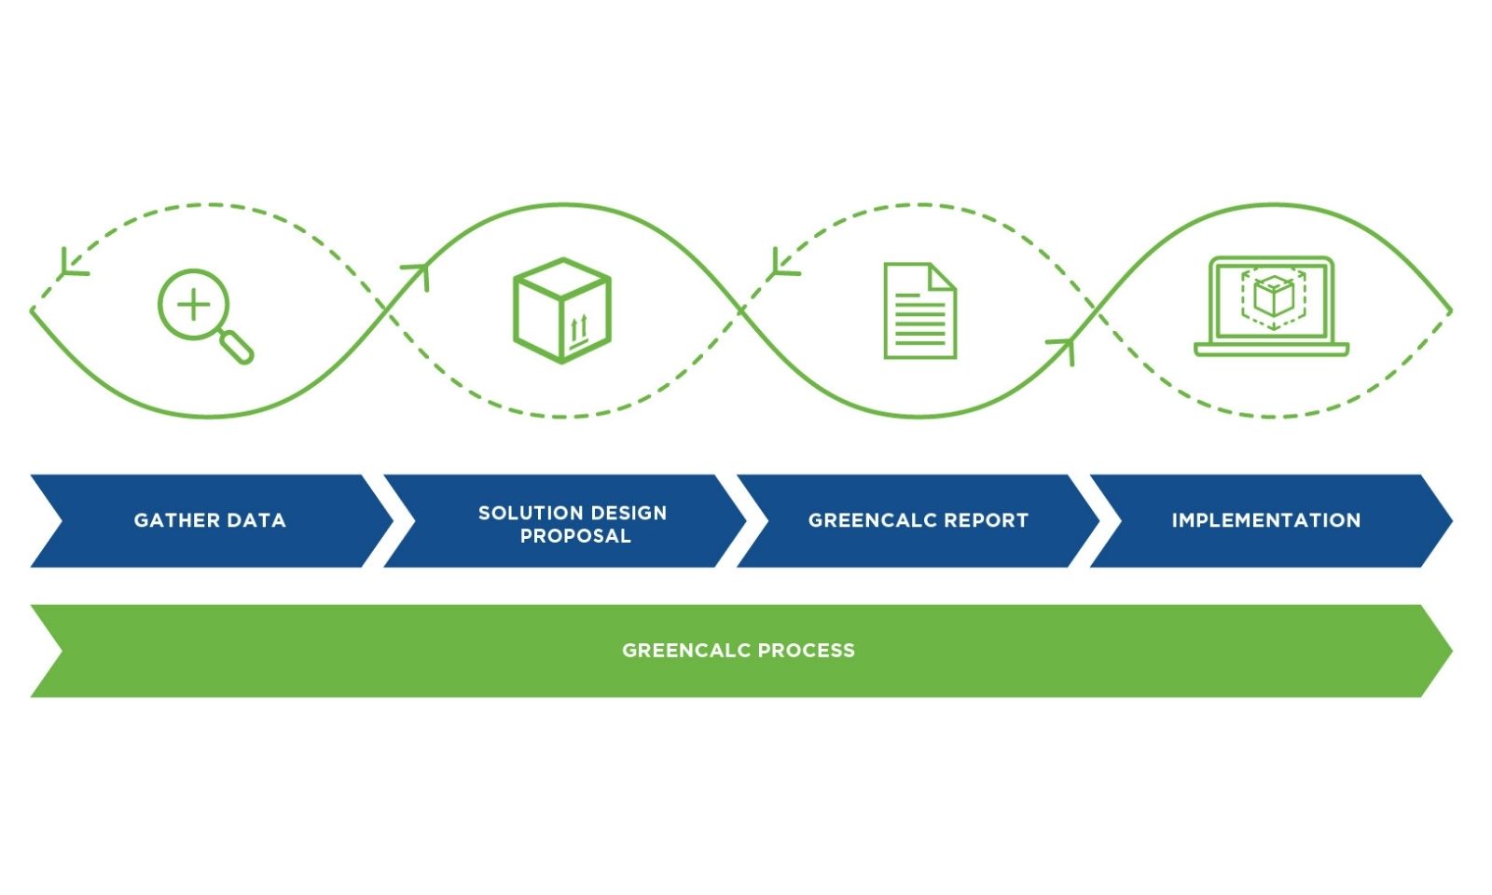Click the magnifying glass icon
pyautogui.click(x=201, y=313)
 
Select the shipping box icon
pyautogui.click(x=561, y=310)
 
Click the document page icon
pyautogui.click(x=919, y=310)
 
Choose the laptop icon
pyautogui.click(x=1271, y=307)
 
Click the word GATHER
pyautogui.click(x=175, y=520)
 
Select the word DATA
pyautogui.click(x=254, y=520)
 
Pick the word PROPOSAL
pyautogui.click(x=574, y=536)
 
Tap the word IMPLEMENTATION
pyautogui.click(x=1265, y=520)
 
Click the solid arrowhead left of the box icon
pyautogui.click(x=418, y=272)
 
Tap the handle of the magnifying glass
pyautogui.click(x=238, y=347)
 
